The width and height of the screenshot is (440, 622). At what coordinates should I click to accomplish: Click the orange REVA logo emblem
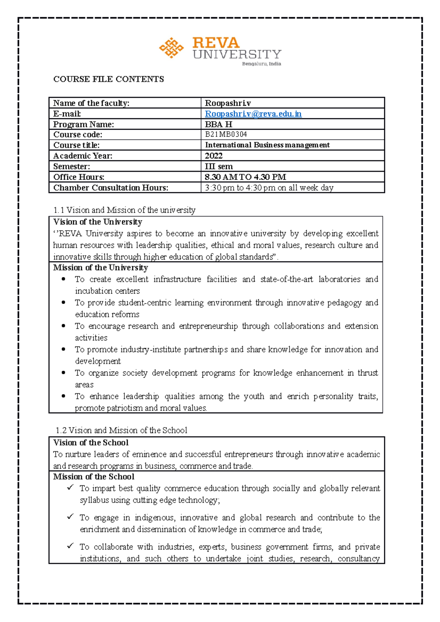coord(171,48)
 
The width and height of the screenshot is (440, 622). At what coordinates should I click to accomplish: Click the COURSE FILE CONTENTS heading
coord(109,79)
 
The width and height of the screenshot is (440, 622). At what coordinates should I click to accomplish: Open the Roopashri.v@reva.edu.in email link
coord(253,114)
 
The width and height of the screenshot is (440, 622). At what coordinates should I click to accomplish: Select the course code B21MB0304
coord(226,134)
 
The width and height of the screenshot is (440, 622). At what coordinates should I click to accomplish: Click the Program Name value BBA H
coord(219,124)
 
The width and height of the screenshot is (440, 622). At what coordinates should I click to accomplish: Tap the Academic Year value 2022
coord(214,156)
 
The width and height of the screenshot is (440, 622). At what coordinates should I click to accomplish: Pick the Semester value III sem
coord(219,166)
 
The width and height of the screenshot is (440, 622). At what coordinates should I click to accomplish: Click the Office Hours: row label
coord(79,177)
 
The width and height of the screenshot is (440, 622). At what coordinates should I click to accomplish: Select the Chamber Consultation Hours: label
coord(111,188)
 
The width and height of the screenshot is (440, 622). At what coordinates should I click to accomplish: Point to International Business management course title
coord(267,145)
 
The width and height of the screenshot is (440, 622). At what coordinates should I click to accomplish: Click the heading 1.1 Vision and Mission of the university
coord(124,210)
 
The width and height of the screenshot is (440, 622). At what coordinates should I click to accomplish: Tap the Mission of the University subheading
coord(100,267)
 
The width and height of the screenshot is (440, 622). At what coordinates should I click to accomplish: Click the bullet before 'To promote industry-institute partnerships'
coord(64,349)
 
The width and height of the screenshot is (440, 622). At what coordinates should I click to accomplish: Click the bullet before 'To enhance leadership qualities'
coord(64,396)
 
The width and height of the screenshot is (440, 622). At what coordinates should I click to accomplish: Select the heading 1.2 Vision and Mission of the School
coord(121,430)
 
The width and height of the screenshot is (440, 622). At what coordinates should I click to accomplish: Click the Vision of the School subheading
coord(91,443)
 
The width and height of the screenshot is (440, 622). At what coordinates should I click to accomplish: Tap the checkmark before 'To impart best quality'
coord(70,488)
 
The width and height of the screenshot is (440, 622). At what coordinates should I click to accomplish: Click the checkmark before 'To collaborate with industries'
coord(70,546)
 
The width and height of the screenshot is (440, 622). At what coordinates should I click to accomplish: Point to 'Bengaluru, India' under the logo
coord(261,64)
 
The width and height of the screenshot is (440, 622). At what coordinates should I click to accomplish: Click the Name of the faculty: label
coord(91,103)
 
